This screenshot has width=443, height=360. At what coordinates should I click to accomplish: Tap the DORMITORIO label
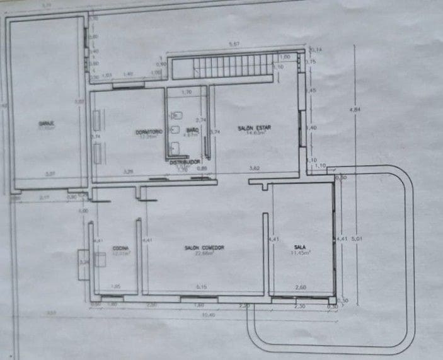(149, 131)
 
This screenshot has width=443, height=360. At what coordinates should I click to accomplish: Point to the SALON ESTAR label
(253, 128)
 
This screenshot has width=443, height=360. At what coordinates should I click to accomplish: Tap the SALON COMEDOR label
(204, 248)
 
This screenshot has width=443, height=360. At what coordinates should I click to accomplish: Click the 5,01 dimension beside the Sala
(357, 240)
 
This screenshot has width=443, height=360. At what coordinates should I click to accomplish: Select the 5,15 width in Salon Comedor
(202, 287)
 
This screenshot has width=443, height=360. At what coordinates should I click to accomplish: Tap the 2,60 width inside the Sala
(301, 287)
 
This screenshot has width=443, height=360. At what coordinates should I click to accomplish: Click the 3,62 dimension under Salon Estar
(254, 168)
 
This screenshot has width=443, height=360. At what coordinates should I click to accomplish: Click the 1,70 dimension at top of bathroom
(187, 93)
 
